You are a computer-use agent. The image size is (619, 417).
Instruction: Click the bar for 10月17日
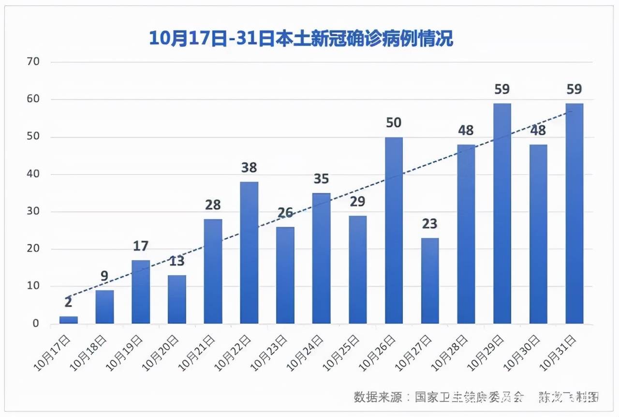pyautogui.click(x=68, y=320)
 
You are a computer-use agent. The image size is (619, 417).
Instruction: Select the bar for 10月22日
pyautogui.click(x=249, y=253)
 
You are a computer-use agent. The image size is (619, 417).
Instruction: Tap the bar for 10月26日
pyautogui.click(x=394, y=230)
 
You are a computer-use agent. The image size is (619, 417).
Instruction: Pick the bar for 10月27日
pyautogui.click(x=430, y=281)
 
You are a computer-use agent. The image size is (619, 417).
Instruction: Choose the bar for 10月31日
pyautogui.click(x=575, y=213)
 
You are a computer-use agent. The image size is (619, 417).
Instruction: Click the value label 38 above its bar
pyautogui.click(x=249, y=168)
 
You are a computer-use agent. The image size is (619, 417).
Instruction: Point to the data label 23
pyautogui.click(x=430, y=224)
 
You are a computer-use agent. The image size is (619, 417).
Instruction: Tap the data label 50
pyautogui.click(x=394, y=123)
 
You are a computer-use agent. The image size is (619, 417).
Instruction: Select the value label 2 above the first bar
pyautogui.click(x=68, y=303)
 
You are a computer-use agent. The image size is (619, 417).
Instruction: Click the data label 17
pyautogui.click(x=141, y=246)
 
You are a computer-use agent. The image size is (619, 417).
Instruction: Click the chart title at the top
pyautogui.click(x=300, y=38)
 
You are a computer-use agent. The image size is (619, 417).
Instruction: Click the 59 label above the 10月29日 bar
pyautogui.click(x=502, y=89)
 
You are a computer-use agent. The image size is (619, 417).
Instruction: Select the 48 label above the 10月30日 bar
pyautogui.click(x=538, y=130)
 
